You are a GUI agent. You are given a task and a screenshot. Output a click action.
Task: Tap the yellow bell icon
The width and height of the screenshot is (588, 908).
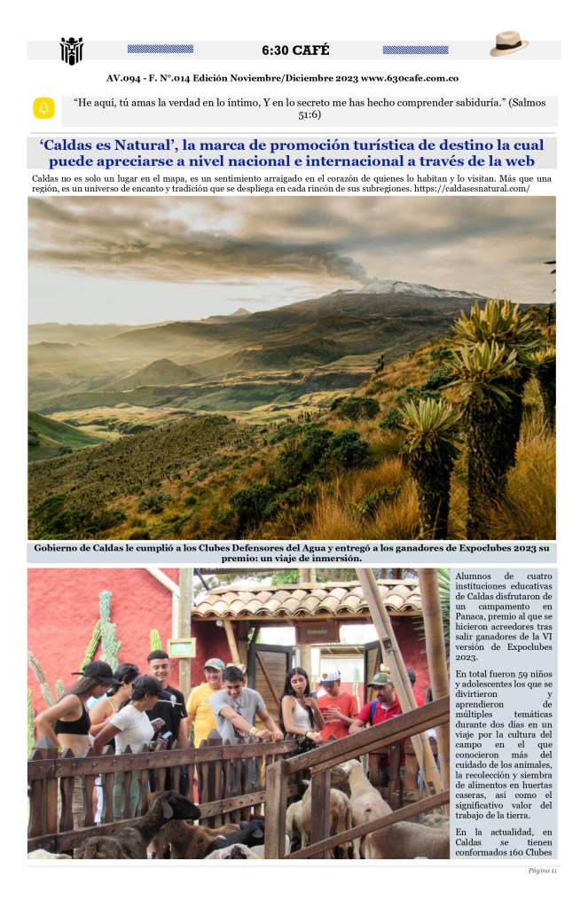pyautogui.click(x=43, y=108)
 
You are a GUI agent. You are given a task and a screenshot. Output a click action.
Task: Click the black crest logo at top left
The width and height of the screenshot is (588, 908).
pyautogui.click(x=71, y=51)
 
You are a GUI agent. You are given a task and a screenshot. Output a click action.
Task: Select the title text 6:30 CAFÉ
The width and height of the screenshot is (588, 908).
pyautogui.click(x=295, y=50)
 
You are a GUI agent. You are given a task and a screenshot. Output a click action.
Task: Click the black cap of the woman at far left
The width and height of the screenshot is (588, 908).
pyautogui.click(x=95, y=670)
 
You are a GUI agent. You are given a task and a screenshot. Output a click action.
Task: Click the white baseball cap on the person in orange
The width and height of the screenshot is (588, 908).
pyautogui.click(x=330, y=677)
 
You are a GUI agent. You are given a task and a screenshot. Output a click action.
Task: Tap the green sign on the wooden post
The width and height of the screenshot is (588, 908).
pyautogui.click(x=181, y=647)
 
